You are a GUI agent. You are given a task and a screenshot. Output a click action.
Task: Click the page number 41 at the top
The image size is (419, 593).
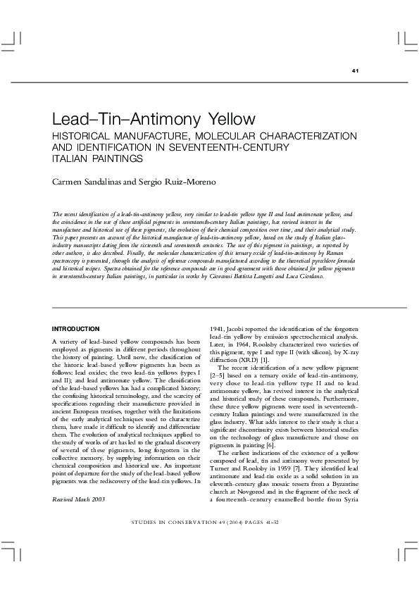[356, 72]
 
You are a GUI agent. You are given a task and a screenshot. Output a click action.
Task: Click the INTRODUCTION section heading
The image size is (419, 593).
[76, 329]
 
